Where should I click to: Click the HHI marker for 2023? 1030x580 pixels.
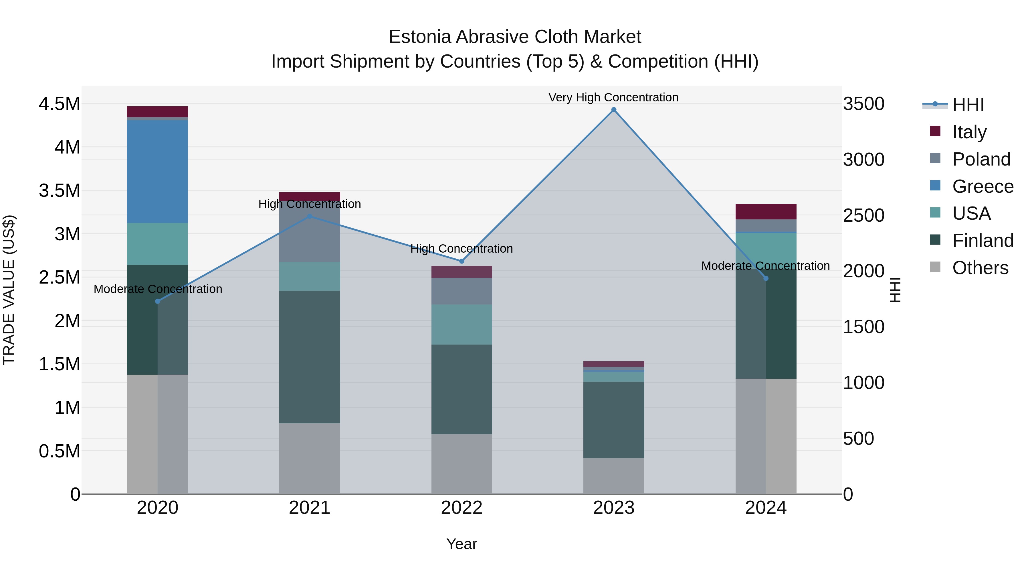[614, 110]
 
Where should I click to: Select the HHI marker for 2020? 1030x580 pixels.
[158, 301]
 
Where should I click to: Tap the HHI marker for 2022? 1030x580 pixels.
[461, 261]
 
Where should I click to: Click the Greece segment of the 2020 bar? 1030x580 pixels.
[158, 171]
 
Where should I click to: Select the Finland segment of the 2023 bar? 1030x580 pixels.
[614, 420]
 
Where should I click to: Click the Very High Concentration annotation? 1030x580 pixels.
[613, 97]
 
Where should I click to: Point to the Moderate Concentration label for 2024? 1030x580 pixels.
[765, 266]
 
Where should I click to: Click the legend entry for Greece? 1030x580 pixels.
[983, 186]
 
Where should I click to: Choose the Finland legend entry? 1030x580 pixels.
[983, 241]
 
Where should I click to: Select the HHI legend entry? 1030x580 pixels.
[968, 105]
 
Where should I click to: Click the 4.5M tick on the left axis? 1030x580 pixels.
[59, 104]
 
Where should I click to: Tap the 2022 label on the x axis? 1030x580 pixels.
[461, 508]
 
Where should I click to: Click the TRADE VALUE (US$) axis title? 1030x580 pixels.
[9, 290]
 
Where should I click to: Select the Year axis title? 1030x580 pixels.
[461, 544]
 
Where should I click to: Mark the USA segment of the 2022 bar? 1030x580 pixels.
[461, 324]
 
